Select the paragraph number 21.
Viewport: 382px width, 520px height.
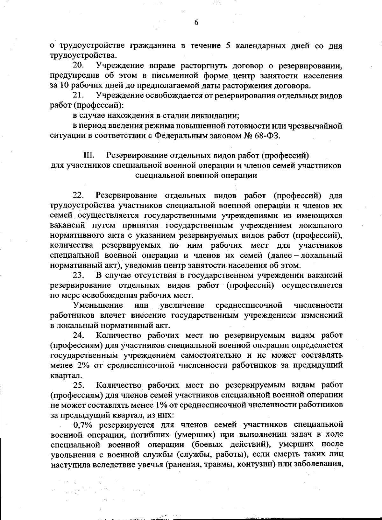(x=79, y=95)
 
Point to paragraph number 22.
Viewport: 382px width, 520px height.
(x=79, y=195)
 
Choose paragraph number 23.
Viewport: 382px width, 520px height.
(x=79, y=275)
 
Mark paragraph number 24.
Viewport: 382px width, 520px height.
(x=79, y=335)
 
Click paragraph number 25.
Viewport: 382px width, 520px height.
(x=79, y=385)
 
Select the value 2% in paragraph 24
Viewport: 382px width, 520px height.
(x=84, y=365)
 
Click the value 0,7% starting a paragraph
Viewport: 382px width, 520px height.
(x=83, y=425)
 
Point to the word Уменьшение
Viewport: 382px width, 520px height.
(x=98, y=306)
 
